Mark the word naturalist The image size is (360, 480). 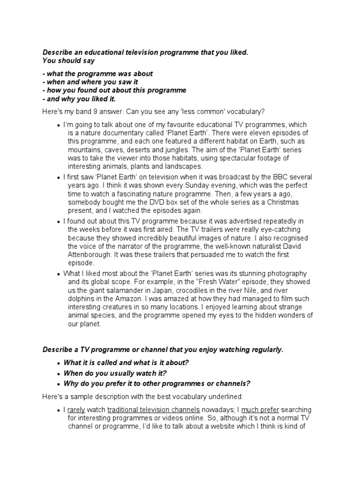[x=273, y=246]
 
